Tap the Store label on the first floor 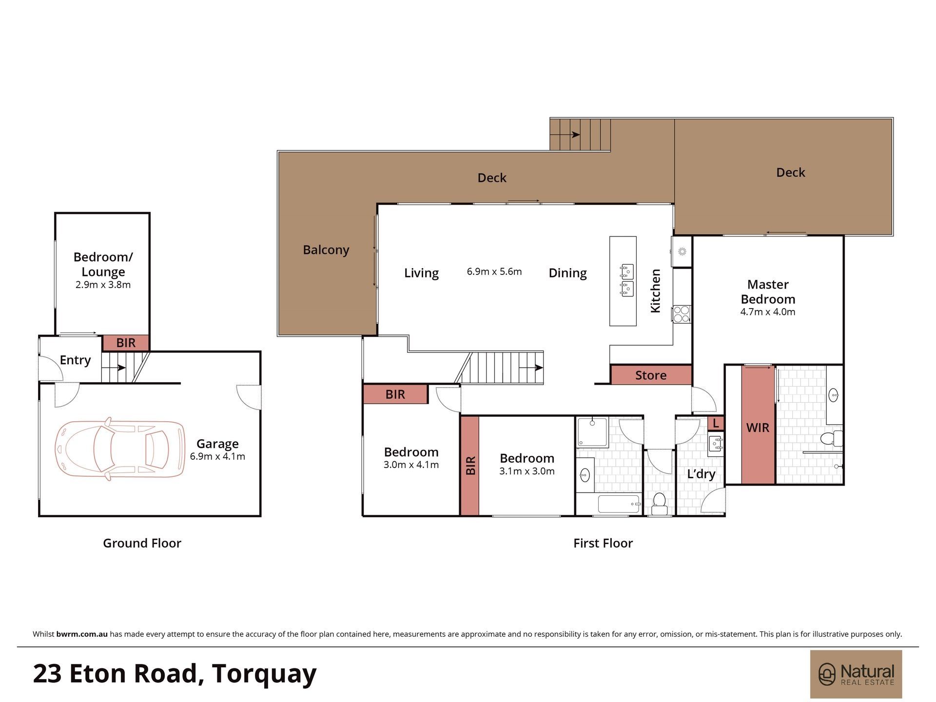point(651,375)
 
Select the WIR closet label point(758,428)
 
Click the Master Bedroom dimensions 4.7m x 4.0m point(768,312)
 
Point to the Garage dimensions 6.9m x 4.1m point(217,457)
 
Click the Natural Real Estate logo point(856,674)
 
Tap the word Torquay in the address point(264,674)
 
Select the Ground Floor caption point(142,543)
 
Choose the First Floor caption point(603,543)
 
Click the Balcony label point(326,250)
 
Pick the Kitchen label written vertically point(655,291)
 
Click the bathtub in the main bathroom point(619,504)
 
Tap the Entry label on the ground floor point(75,360)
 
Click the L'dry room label point(701,474)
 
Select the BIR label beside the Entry point(126,343)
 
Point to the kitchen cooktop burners point(682,314)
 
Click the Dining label point(567,273)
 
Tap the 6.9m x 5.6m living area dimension point(494,272)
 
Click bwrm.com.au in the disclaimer point(82,634)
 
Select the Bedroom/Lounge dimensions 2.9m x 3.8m point(103,285)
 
